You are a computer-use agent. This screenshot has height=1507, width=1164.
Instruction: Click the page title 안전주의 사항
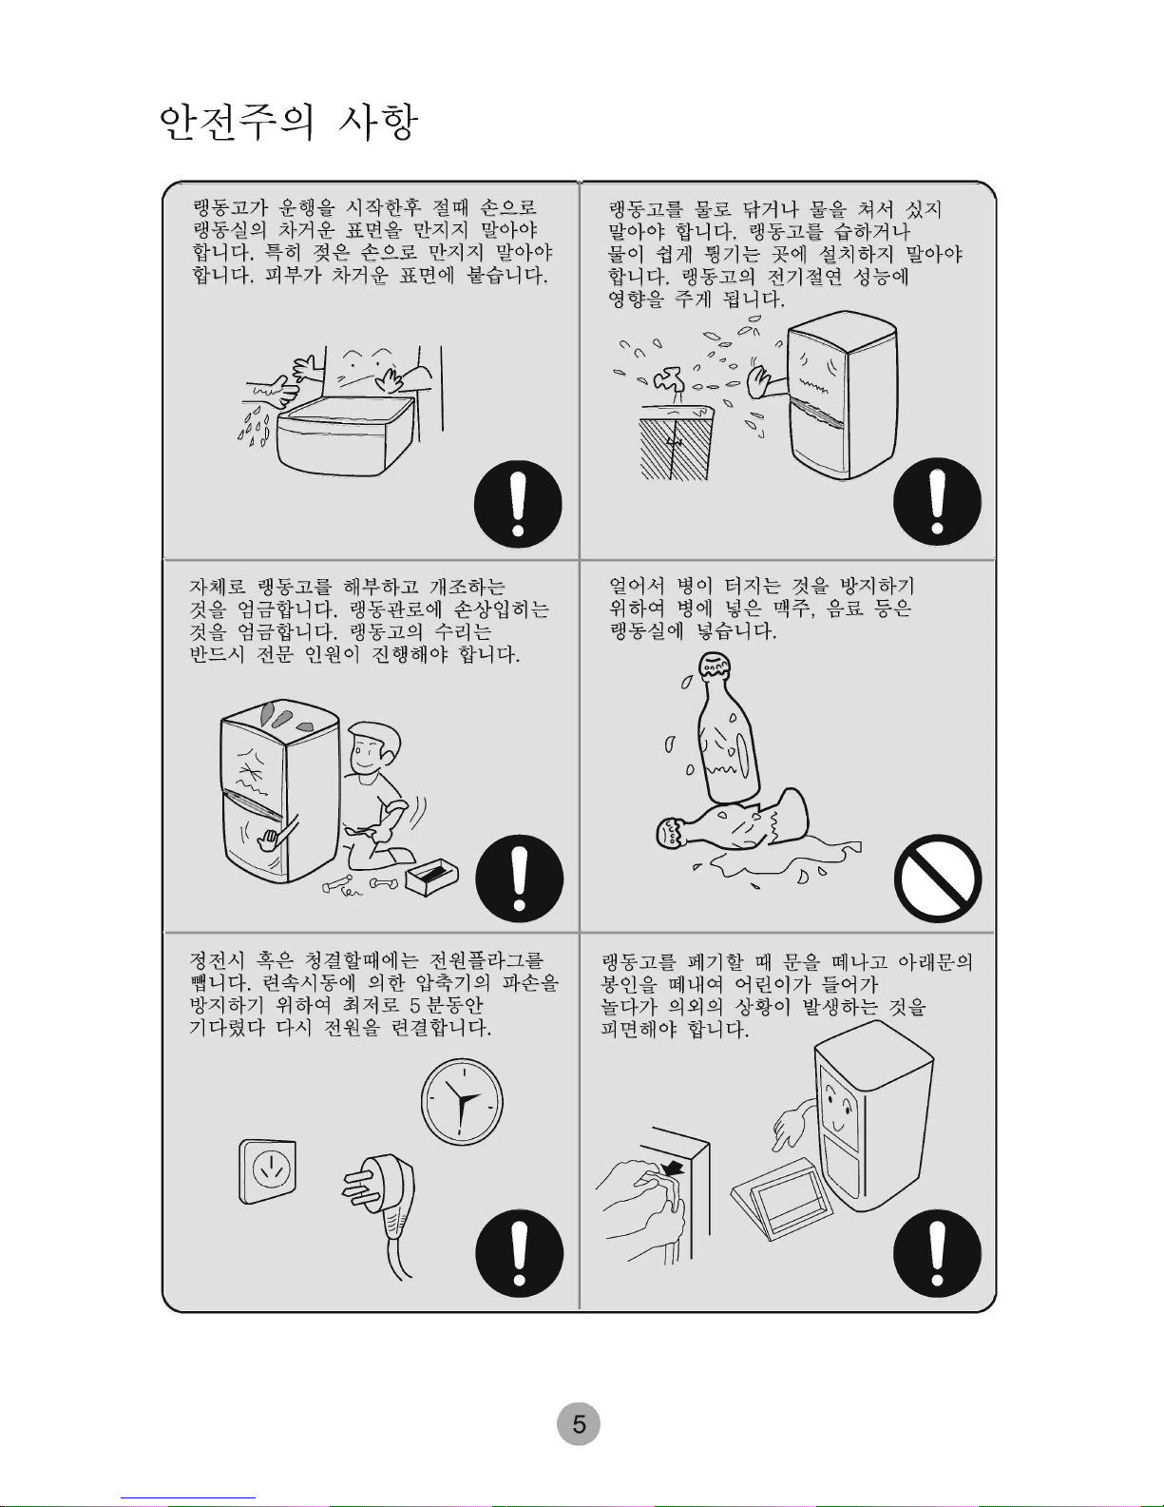(288, 123)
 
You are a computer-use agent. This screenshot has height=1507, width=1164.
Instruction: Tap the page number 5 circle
(579, 1423)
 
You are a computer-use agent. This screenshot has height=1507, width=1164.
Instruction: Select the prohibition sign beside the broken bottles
(938, 878)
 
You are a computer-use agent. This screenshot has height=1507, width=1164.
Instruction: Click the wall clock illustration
(462, 1101)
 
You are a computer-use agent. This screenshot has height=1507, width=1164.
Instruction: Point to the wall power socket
(267, 1171)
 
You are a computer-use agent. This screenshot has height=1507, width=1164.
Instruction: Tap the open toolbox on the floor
(431, 877)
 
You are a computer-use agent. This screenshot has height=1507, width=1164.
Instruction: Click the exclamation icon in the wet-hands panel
(518, 504)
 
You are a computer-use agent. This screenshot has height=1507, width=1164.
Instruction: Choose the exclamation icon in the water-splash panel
(937, 501)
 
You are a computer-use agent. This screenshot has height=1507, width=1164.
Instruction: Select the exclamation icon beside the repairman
(519, 878)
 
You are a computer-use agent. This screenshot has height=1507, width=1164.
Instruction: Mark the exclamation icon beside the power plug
(519, 1253)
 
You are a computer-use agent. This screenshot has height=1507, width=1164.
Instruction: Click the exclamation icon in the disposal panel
(937, 1253)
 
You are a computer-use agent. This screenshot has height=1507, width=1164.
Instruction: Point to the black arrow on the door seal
(673, 1169)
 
